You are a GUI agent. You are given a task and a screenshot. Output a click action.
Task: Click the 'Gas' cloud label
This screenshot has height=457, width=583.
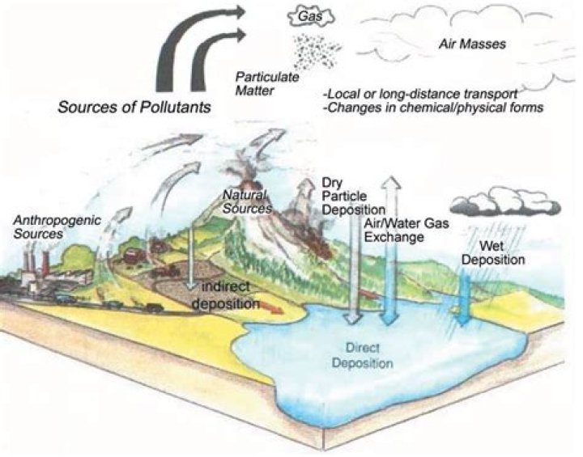click(x=311, y=16)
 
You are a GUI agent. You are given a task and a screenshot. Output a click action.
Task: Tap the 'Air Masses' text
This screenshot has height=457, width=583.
click(x=472, y=44)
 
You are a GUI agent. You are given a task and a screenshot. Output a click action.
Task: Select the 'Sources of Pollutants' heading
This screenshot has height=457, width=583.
click(x=134, y=107)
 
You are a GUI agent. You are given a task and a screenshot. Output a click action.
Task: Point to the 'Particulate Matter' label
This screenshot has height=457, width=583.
click(x=267, y=83)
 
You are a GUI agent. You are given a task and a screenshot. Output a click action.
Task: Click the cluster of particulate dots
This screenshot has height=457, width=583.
click(x=318, y=51)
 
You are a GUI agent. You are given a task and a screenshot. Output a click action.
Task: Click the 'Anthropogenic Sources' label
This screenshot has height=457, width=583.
click(x=57, y=226)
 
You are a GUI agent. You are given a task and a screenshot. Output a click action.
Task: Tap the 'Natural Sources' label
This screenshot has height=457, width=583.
click(x=247, y=201)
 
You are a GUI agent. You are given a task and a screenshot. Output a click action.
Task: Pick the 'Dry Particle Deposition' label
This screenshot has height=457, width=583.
click(x=353, y=197)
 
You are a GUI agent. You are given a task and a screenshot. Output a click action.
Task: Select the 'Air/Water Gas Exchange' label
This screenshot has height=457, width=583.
click(x=406, y=230)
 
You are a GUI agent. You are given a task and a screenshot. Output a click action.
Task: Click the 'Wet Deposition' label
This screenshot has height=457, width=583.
click(x=493, y=252)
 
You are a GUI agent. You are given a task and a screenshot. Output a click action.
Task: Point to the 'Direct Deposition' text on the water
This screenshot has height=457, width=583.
click(x=363, y=355)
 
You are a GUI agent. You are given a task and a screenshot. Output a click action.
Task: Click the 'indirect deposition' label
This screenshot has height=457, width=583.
click(x=226, y=295)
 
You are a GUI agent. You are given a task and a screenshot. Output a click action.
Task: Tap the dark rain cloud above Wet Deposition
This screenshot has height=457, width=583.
click(x=504, y=201)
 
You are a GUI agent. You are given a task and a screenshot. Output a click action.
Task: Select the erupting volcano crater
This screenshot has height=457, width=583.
click(x=247, y=184)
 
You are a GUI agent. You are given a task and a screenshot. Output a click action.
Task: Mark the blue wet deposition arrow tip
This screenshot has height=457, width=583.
click(x=463, y=324)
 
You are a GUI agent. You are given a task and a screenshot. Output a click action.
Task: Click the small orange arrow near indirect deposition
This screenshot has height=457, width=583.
click(x=273, y=307)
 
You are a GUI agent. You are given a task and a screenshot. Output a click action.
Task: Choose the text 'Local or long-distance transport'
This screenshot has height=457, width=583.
click(x=419, y=94)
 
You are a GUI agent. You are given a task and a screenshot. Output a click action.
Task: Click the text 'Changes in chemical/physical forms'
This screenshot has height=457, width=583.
click(x=432, y=108)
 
